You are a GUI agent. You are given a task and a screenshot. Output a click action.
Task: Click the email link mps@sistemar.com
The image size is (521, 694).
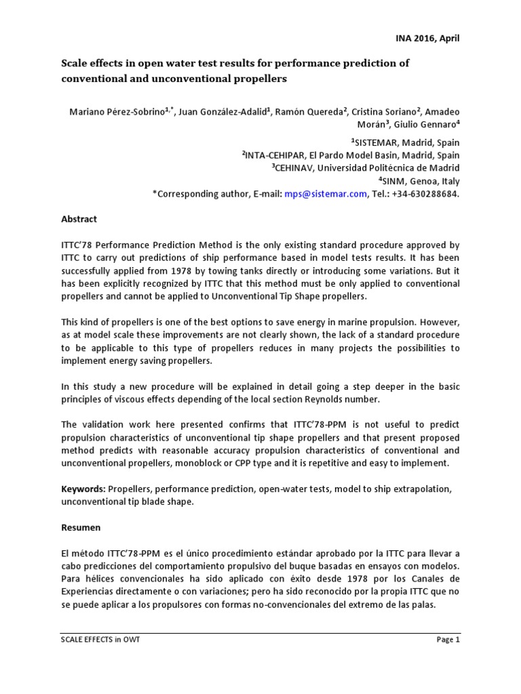click(x=326, y=194)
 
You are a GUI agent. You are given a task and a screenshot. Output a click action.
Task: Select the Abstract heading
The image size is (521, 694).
click(x=79, y=219)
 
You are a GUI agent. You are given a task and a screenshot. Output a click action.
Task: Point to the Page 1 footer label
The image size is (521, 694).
click(x=447, y=640)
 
